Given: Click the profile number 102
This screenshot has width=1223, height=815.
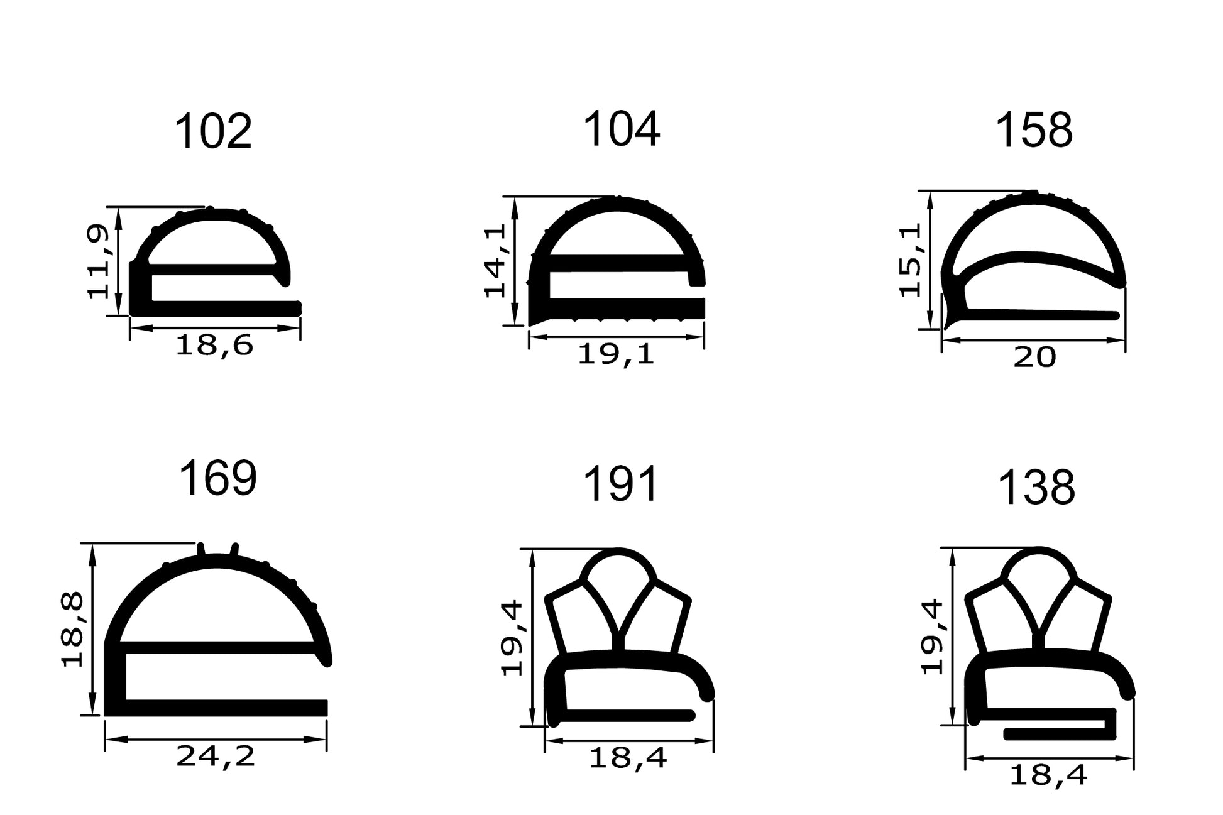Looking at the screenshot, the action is click(x=212, y=132).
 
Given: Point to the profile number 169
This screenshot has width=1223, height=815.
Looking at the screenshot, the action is click(x=217, y=478).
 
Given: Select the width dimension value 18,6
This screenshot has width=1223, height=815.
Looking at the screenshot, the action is click(x=214, y=346).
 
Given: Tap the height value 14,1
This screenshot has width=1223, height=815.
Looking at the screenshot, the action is click(x=495, y=260).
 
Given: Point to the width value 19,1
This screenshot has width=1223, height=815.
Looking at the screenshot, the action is click(x=616, y=355).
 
